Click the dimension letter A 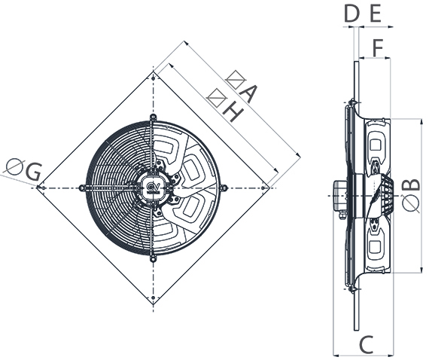pyautogui.click(x=248, y=96)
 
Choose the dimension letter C pyautogui.click(x=364, y=344)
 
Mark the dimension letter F pyautogui.click(x=379, y=46)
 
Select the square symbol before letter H pyautogui.click(x=216, y=96)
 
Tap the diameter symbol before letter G pyautogui.click(x=13, y=165)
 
